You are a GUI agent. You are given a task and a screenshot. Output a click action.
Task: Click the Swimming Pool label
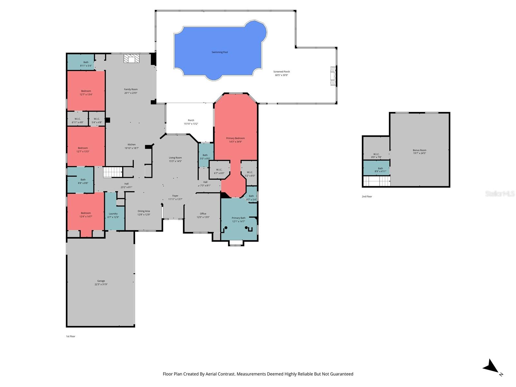coord(220,52)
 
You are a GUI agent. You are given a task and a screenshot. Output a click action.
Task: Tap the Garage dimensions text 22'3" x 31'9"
coord(101,284)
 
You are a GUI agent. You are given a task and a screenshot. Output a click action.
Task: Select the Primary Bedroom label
coord(235,138)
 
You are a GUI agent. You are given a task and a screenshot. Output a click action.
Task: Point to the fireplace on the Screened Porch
coord(333,76)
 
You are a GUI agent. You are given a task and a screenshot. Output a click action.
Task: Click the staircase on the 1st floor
coord(113,172)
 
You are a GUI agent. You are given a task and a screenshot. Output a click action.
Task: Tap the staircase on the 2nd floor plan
coord(377,181)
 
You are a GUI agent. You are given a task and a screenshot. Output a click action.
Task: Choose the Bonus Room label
coord(419,150)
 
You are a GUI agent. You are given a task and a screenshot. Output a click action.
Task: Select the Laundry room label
coord(113,213)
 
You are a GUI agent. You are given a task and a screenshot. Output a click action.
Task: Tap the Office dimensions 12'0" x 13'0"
coord(203,217)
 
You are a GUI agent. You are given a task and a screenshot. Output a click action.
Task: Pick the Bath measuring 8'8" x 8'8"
coord(83,181)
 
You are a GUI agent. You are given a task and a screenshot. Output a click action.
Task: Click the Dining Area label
coord(144,211)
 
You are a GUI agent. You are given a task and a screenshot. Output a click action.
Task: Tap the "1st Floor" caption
coord(71,336)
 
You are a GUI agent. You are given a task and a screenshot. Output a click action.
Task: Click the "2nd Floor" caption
coord(367,196)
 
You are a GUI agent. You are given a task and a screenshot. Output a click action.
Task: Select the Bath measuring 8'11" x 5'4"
coord(86,64)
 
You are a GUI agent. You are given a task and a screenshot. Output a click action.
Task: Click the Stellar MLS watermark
coord(500,193)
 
